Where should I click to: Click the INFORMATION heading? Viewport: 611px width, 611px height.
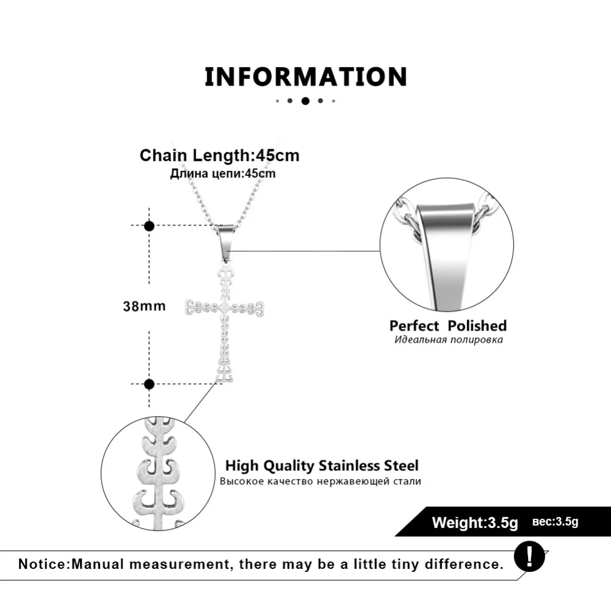tap(306, 76)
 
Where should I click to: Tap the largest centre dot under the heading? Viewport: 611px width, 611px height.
tap(305, 101)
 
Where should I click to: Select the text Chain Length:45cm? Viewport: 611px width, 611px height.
tap(219, 155)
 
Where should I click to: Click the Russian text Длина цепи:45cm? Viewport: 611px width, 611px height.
tap(223, 174)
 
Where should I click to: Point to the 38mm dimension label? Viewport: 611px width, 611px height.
tap(144, 306)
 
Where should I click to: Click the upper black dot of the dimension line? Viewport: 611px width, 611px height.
tap(149, 225)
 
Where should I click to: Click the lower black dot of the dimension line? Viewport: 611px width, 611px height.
tap(149, 384)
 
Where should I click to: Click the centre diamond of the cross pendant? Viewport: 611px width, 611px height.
tap(224, 308)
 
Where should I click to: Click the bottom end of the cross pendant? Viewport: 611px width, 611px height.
tap(224, 381)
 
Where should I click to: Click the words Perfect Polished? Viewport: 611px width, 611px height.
tap(448, 326)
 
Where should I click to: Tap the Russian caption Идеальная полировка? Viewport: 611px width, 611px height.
tap(448, 340)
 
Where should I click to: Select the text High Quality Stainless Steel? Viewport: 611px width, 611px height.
tap(322, 466)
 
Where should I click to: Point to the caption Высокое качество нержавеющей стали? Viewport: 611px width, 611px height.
tap(320, 481)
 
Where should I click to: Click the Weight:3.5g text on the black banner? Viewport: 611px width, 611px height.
tap(475, 522)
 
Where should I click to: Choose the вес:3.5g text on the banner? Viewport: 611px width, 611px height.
tap(555, 522)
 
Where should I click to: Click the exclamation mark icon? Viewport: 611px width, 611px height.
tap(529, 557)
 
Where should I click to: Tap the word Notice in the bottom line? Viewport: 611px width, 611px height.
tap(43, 564)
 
